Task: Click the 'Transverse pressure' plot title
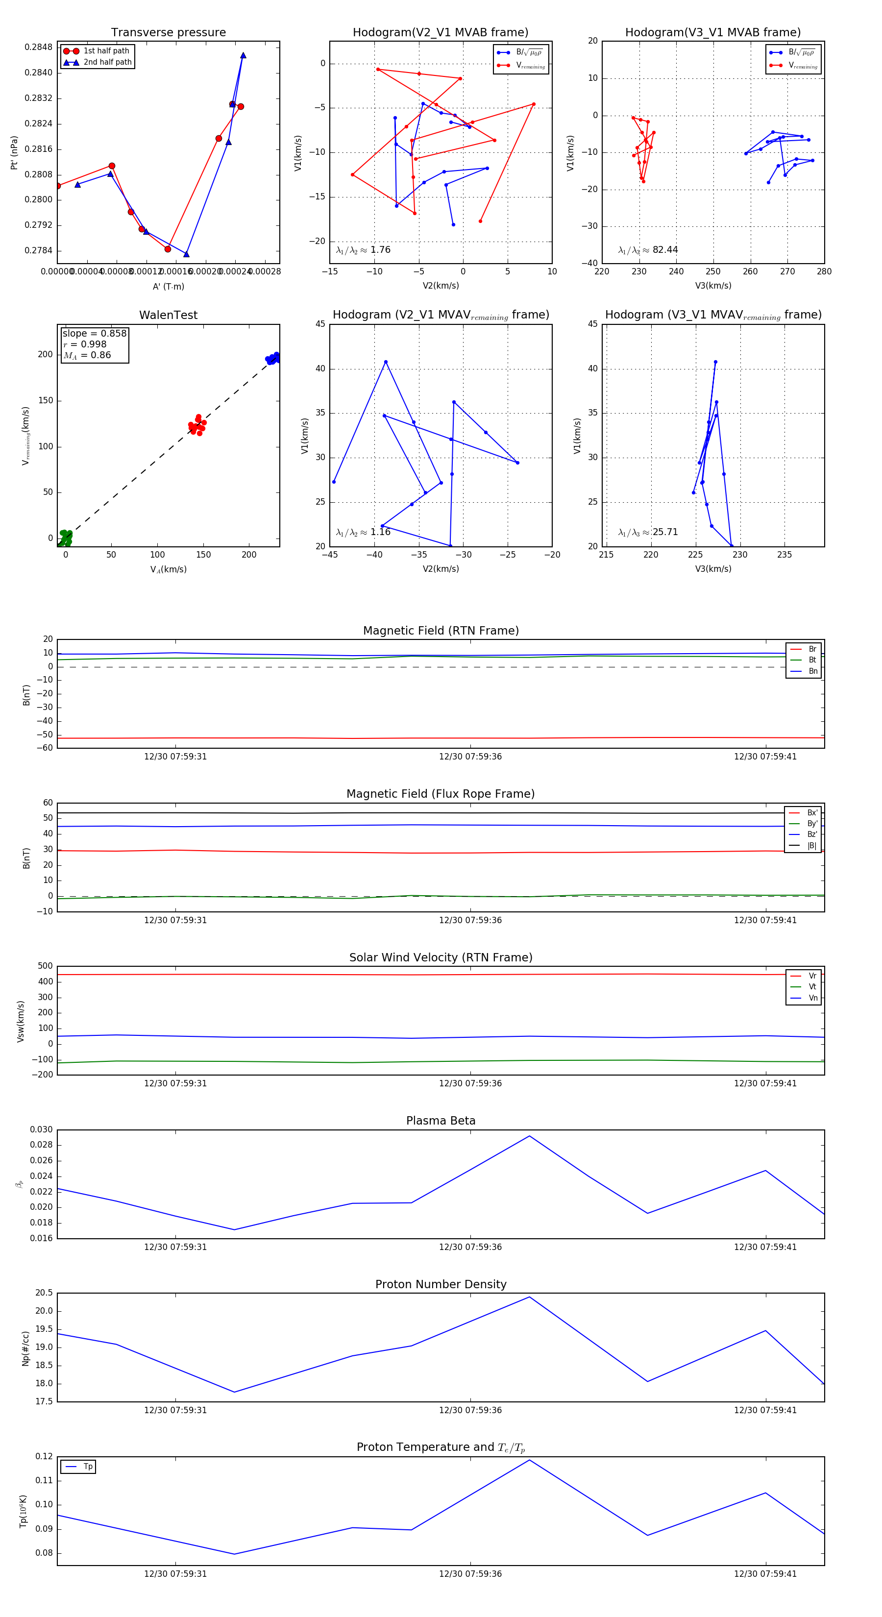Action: [168, 33]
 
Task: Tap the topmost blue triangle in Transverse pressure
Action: [243, 55]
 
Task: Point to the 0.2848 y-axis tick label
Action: [38, 47]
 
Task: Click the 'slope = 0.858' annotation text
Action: [94, 333]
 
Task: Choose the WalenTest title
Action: [168, 315]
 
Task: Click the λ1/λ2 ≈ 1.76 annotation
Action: [363, 250]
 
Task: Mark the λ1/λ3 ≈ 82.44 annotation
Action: [648, 250]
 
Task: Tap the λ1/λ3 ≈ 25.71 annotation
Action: [648, 532]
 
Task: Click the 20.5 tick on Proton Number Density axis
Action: [44, 1293]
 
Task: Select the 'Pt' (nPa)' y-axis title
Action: [14, 152]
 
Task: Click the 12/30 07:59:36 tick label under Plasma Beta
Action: [470, 1247]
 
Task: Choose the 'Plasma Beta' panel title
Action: [441, 1121]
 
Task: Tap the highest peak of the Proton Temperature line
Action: [529, 1460]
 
